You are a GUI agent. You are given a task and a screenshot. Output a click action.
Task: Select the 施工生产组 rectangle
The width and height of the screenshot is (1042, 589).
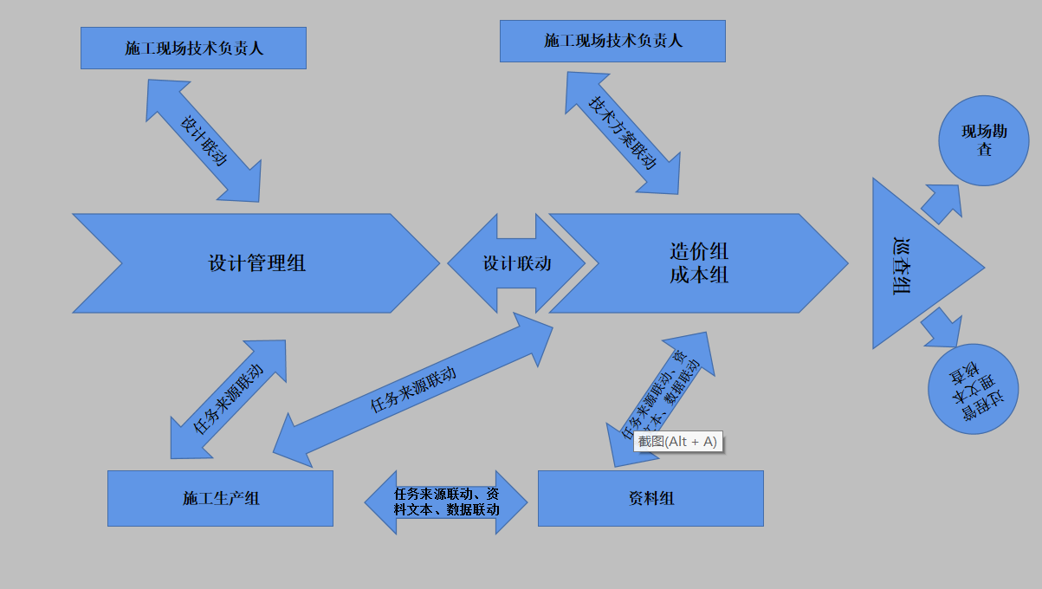click(220, 498)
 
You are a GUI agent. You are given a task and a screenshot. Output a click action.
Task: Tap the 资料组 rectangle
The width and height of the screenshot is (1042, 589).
click(650, 498)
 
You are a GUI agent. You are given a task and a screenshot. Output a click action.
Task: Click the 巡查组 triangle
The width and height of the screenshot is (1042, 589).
click(909, 264)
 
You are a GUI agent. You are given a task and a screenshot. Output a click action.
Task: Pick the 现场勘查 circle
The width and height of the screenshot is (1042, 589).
click(983, 140)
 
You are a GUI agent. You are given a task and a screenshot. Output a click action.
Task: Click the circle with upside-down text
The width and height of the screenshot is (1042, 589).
click(973, 389)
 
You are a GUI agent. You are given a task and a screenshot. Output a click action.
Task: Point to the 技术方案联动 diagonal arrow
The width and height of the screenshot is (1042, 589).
click(623, 133)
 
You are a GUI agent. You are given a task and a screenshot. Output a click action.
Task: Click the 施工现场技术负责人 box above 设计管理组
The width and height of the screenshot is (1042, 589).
click(193, 48)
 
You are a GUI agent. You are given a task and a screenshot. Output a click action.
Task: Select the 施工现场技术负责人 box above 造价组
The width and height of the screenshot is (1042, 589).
click(612, 41)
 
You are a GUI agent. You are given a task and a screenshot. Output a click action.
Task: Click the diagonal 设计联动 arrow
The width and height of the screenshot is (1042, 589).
click(204, 140)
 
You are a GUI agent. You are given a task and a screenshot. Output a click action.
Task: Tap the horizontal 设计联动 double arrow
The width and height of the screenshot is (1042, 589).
click(516, 263)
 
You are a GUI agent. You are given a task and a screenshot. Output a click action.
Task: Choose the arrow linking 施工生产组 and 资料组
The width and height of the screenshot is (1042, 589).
click(446, 502)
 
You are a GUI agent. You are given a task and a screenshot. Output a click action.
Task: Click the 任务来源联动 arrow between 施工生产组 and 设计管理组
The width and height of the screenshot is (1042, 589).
click(229, 398)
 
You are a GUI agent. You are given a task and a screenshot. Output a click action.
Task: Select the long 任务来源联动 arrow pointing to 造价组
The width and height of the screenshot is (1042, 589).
click(413, 390)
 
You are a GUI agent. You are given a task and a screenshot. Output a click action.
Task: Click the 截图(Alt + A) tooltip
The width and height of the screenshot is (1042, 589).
click(678, 442)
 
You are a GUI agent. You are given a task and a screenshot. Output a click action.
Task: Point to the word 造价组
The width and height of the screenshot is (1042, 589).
click(699, 251)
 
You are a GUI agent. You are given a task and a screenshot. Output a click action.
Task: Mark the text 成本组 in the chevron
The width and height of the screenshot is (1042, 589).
click(699, 275)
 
